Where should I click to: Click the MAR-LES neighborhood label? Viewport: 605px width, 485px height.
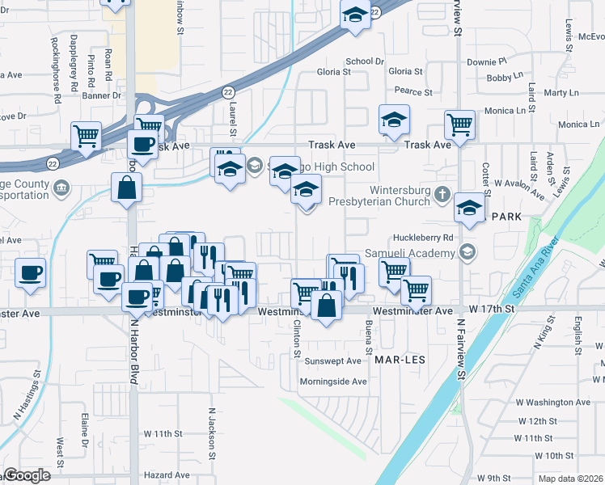(400, 356)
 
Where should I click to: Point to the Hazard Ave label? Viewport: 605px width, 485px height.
(167, 475)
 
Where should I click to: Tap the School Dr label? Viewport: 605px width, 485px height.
(365, 61)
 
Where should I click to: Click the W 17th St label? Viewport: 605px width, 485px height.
(492, 310)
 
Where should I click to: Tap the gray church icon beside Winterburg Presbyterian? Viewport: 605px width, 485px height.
(442, 195)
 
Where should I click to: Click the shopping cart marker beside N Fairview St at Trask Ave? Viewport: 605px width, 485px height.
(459, 126)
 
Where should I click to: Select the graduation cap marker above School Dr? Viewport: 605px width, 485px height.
(355, 15)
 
